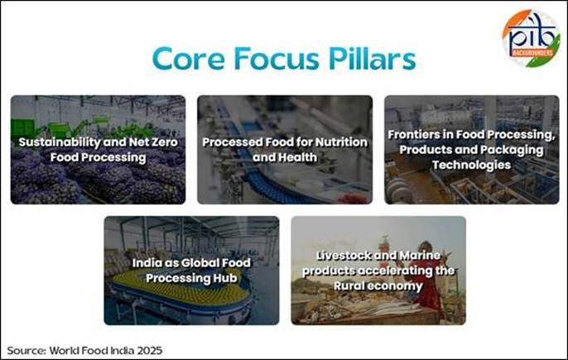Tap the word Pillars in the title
(372, 59)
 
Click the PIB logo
(531, 38)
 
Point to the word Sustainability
(60, 142)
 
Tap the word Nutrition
(341, 142)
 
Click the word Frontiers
(414, 134)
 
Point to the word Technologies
(471, 166)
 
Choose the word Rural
(347, 286)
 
